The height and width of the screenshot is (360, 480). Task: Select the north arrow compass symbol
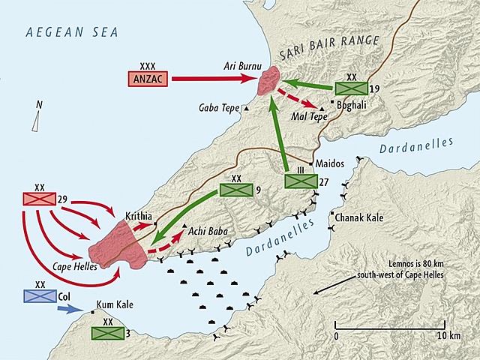click(x=36, y=118)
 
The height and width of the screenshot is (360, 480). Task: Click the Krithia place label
click(x=138, y=214)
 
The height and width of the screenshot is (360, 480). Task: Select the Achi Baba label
click(x=207, y=229)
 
